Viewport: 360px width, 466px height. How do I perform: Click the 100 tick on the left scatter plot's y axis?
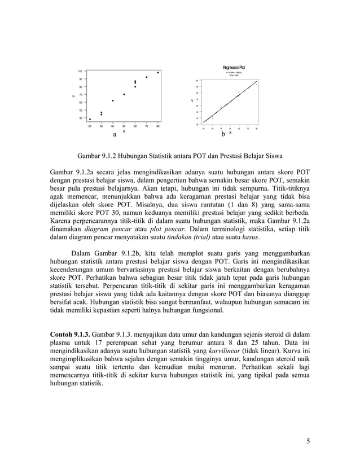pos(80,72)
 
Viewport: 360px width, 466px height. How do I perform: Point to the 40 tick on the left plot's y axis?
pos(80,118)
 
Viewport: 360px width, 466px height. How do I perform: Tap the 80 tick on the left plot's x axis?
pos(158,126)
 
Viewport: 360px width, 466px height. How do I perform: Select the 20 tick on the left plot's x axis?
pos(90,126)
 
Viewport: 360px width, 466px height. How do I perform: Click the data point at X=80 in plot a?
pos(158,72)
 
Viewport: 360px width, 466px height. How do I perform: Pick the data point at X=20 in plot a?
pos(90,119)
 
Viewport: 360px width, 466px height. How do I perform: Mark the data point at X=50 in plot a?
pos(124,94)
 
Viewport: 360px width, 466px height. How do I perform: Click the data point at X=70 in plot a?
pos(147,77)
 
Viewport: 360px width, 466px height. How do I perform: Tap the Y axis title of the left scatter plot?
pos(73,96)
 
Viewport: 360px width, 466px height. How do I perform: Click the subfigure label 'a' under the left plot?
pos(115,135)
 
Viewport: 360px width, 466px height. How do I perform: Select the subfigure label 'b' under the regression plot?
pos(223,134)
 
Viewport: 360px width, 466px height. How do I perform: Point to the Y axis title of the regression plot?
pos(192,101)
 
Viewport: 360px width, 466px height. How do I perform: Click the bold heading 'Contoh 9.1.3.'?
pos(70,326)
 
